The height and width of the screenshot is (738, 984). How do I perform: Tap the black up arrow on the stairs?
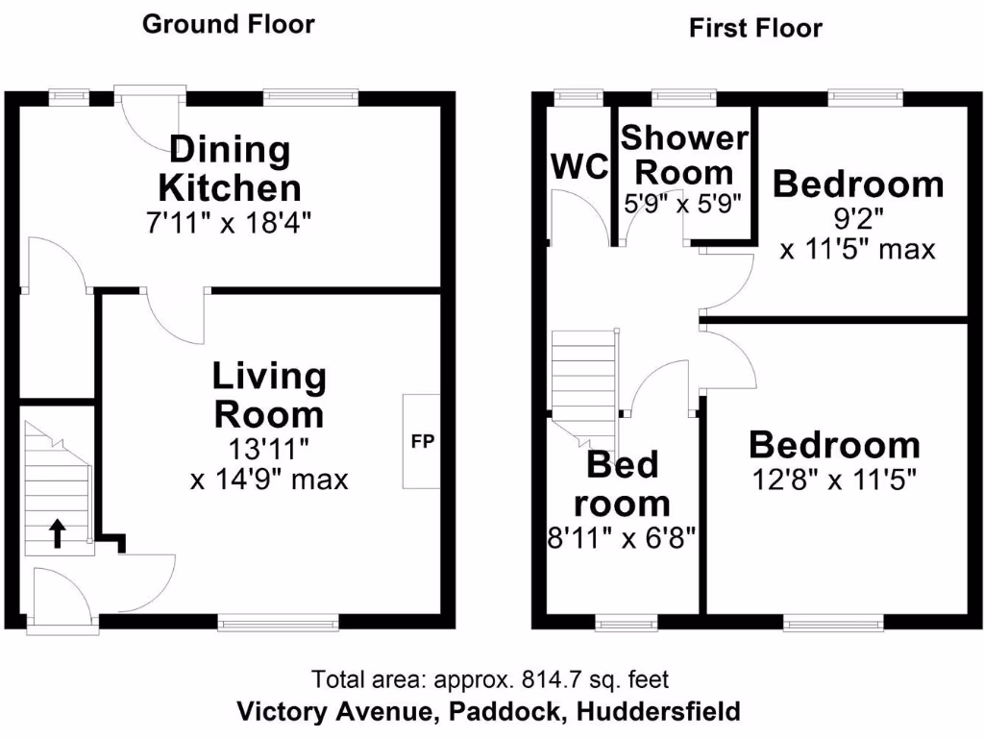[58, 533]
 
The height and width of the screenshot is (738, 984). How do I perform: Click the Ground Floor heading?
[228, 24]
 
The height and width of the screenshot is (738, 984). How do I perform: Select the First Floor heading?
[755, 28]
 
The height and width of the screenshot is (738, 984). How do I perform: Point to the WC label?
[579, 166]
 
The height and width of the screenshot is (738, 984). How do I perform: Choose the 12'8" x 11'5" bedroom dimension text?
[834, 478]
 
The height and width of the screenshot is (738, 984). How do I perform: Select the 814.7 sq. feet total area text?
[490, 679]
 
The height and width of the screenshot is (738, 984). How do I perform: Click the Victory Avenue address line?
[489, 712]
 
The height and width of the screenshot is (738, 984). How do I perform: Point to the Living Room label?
[268, 396]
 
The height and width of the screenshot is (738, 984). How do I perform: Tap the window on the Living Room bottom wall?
[278, 623]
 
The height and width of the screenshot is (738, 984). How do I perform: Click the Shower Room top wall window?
[683, 96]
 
